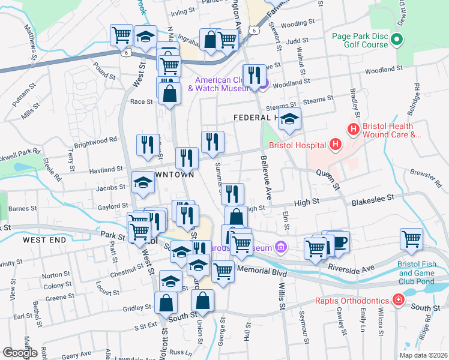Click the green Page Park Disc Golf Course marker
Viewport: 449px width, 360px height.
click(x=396, y=40)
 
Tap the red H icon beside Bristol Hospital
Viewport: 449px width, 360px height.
click(x=335, y=145)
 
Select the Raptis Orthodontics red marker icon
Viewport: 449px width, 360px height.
click(x=397, y=299)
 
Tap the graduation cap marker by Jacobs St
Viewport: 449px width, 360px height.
click(x=143, y=183)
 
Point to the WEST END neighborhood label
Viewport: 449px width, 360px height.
click(x=44, y=239)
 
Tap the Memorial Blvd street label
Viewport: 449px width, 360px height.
click(x=262, y=271)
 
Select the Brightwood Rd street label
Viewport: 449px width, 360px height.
click(x=96, y=143)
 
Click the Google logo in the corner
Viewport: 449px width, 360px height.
click(x=20, y=353)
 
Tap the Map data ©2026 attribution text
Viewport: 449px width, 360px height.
click(x=423, y=355)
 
